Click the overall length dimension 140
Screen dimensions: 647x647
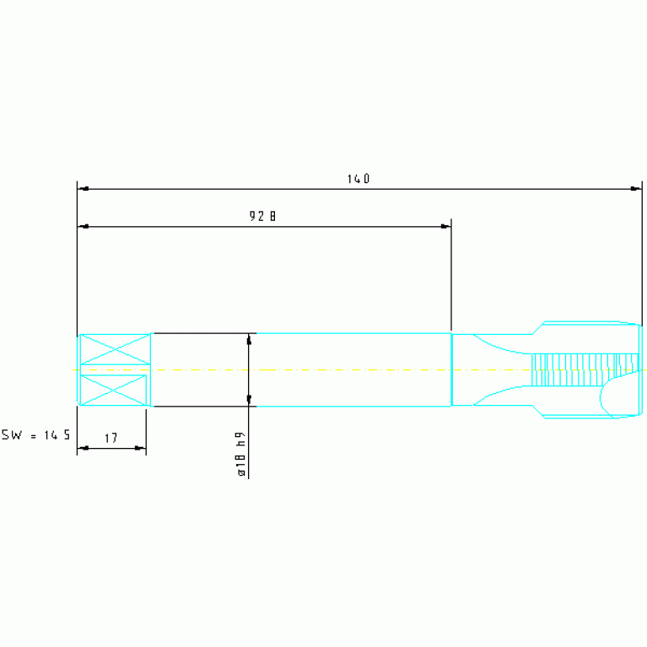[359, 179]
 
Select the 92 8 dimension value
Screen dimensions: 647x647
[262, 216]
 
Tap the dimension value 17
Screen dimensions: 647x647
[111, 438]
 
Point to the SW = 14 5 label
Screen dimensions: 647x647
[35, 435]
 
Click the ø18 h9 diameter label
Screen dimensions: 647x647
[241, 454]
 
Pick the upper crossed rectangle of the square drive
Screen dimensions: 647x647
[115, 349]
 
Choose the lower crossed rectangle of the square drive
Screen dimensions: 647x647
[113, 390]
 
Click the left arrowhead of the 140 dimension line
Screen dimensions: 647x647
[83, 189]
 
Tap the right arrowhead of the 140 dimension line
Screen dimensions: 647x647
[636, 189]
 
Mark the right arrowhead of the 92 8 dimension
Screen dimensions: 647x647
[445, 227]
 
